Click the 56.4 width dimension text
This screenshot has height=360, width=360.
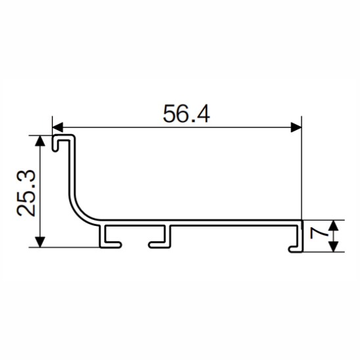point(186,114)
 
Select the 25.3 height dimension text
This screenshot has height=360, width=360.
point(26,193)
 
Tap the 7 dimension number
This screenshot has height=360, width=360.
point(319,233)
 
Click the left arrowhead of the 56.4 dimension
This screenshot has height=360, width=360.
point(58,127)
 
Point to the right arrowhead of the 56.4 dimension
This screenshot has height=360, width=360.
point(296,127)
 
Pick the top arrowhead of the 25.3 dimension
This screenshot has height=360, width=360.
point(40,141)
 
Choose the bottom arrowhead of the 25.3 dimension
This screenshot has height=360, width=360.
point(40,242)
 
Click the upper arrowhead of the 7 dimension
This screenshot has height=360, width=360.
point(334,225)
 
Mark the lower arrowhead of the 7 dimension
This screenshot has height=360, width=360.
point(334,246)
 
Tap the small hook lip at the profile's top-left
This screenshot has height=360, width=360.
point(55,143)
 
